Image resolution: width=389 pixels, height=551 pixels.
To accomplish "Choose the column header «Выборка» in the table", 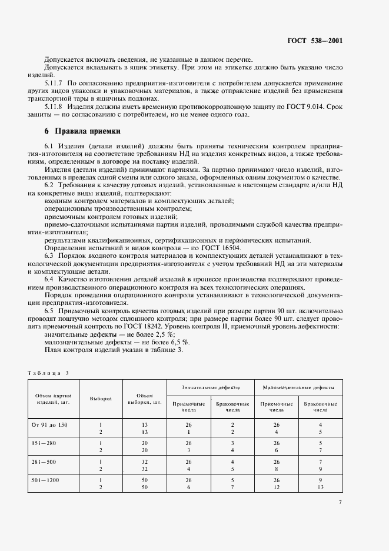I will (x=101, y=398).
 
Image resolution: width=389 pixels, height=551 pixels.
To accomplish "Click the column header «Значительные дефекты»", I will (x=210, y=389).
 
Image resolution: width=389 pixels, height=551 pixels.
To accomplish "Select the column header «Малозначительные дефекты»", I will (x=298, y=389).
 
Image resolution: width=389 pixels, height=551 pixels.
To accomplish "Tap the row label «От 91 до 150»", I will (x=49, y=424).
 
